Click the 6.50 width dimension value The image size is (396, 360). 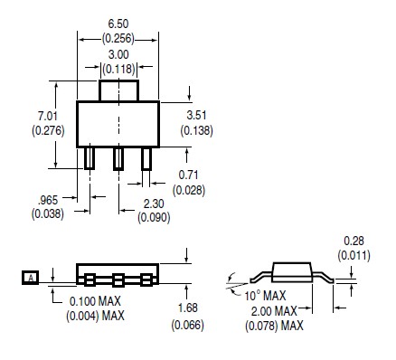(118, 24)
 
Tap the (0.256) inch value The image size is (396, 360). (118, 39)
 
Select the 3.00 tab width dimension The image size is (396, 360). (118, 54)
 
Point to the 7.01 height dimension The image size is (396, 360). (48, 116)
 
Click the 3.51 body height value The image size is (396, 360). (196, 115)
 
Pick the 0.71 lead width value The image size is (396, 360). (188, 175)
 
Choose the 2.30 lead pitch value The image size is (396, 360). (154, 204)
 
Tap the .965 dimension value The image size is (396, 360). (48, 200)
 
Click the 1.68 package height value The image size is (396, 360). (188, 308)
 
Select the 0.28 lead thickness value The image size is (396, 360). (354, 241)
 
